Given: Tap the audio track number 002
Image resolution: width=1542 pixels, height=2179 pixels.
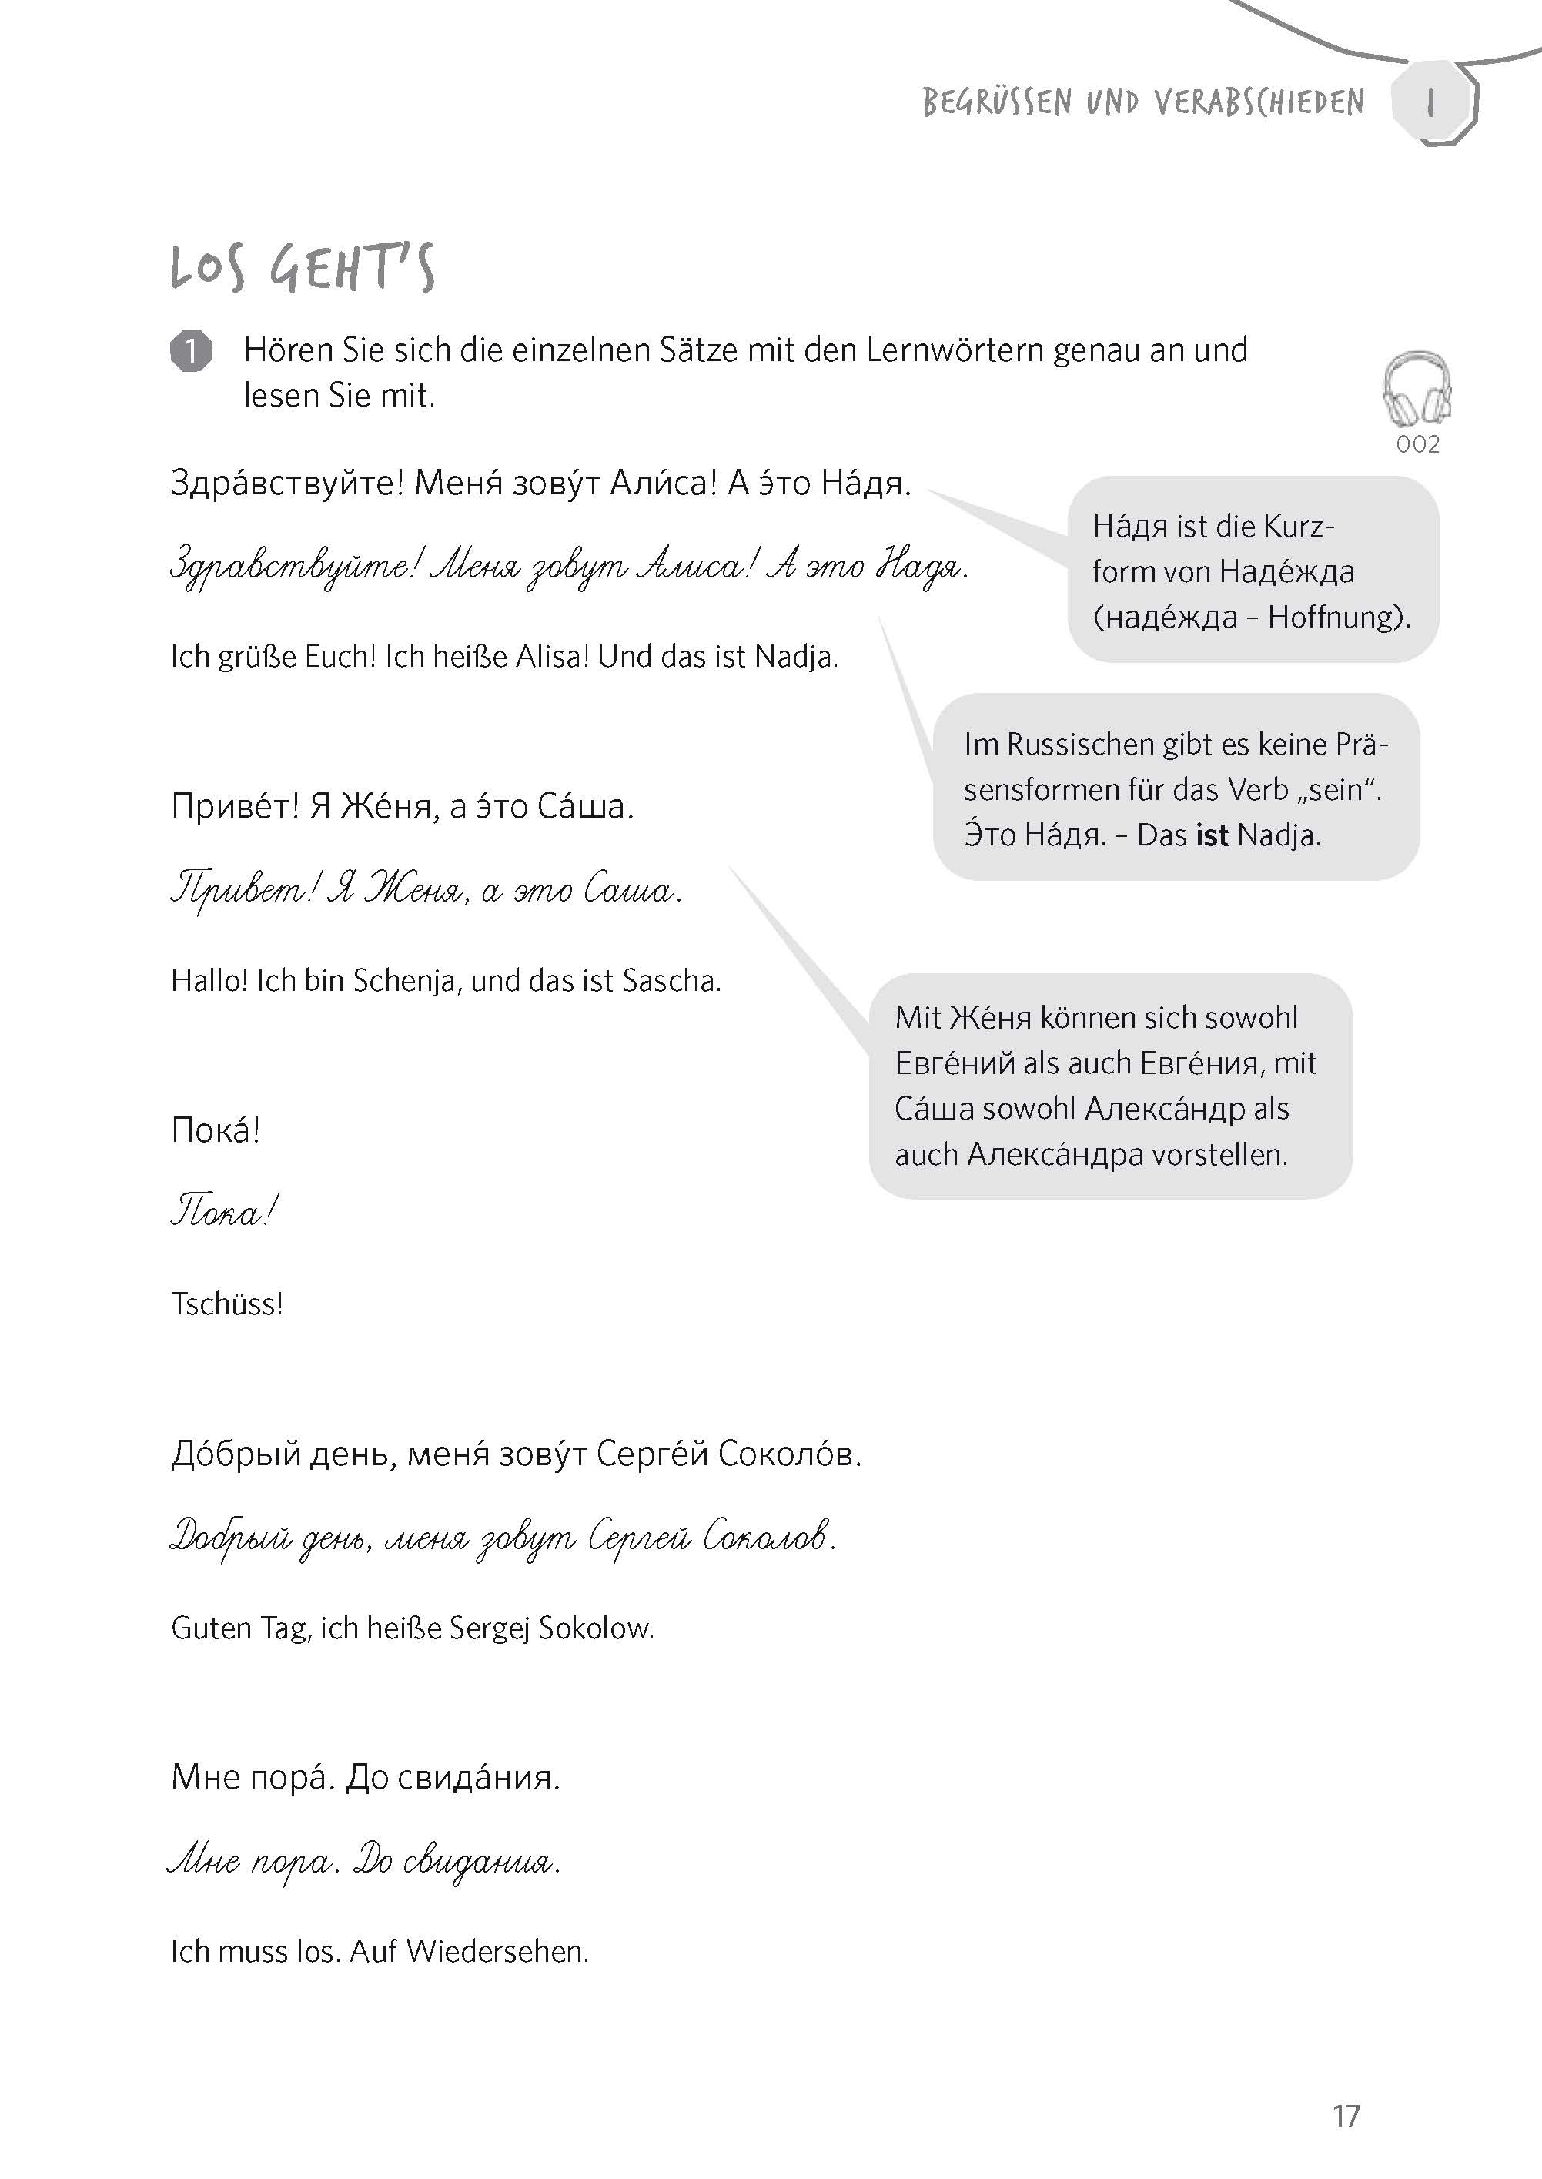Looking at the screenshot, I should tap(1417, 444).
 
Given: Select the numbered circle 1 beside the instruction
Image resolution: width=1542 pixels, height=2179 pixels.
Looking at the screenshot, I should tap(191, 351).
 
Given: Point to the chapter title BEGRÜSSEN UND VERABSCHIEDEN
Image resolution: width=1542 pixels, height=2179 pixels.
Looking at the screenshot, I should tap(1143, 102).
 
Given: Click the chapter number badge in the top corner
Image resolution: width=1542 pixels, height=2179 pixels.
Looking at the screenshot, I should tap(1431, 102).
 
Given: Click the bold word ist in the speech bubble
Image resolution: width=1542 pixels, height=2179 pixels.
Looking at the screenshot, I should tap(1213, 835).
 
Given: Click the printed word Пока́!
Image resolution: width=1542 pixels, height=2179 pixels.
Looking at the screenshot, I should tap(216, 1130).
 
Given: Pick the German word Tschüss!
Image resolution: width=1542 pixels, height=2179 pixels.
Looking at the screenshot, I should tap(227, 1304).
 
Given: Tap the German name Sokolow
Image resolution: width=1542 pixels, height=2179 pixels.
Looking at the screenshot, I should tap(597, 1628).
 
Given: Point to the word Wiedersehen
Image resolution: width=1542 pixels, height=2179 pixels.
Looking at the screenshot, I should tap(497, 1951).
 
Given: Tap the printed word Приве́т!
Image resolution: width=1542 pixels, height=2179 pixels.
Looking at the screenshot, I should tap(236, 807).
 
